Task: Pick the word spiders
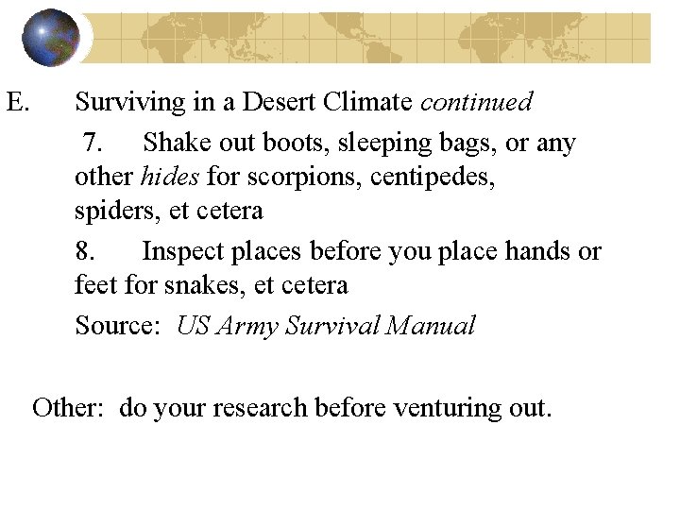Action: click(118, 210)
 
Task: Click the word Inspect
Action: click(188, 252)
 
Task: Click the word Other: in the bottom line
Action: click(71, 408)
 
